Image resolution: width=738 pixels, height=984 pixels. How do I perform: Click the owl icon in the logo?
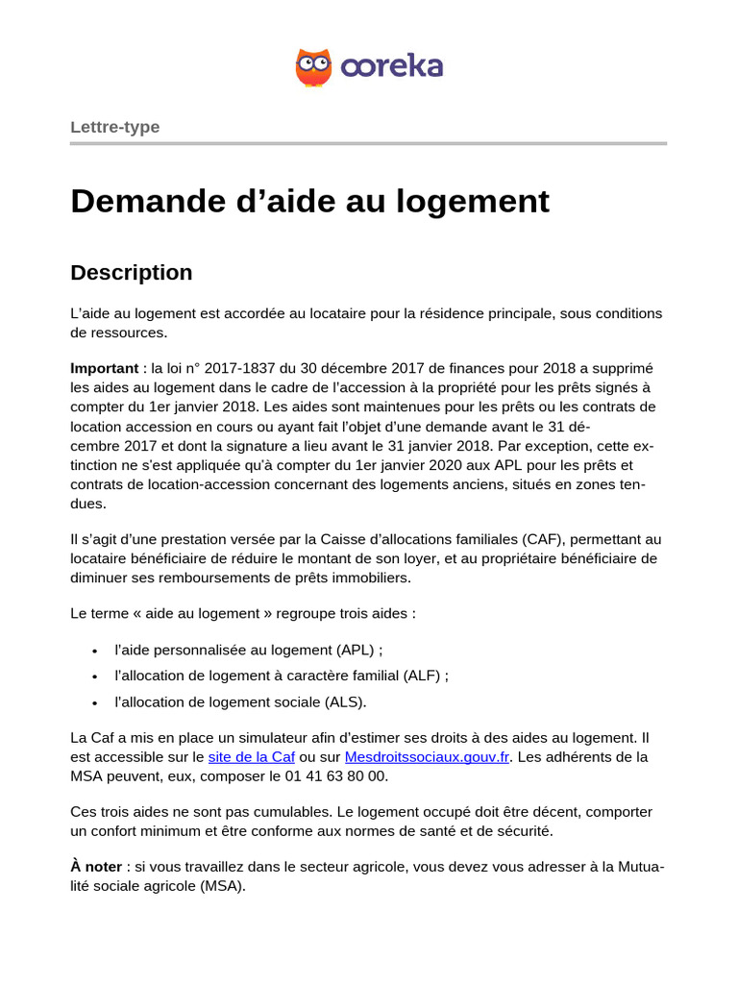click(x=313, y=67)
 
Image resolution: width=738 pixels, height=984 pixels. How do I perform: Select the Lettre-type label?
click(x=114, y=127)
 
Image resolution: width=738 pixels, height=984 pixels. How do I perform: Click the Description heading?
click(x=132, y=273)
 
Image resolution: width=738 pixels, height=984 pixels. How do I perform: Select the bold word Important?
click(x=104, y=369)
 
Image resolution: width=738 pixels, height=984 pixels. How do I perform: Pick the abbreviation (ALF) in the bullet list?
click(x=422, y=676)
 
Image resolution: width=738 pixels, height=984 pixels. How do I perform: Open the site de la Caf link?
click(x=251, y=757)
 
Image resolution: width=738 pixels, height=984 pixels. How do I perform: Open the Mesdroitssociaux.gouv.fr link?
click(x=427, y=757)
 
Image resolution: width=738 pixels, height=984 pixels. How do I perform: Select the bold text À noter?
click(x=96, y=867)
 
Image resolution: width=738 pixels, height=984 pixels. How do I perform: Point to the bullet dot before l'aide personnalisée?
click(x=94, y=651)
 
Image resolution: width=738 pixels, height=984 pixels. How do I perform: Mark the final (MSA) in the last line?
click(x=222, y=886)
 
